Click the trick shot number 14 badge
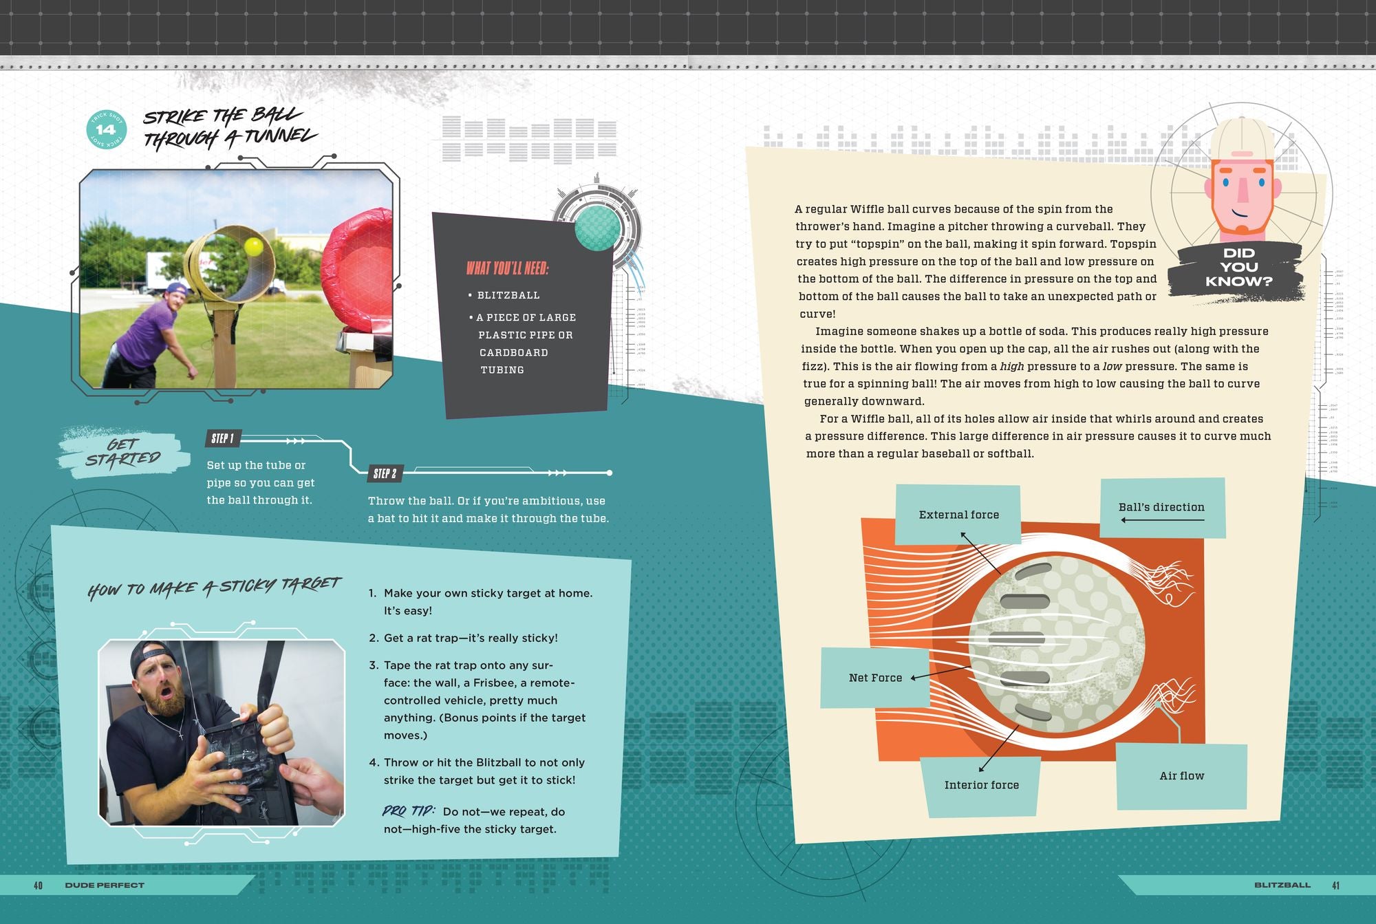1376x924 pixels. point(106,129)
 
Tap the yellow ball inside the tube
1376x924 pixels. point(253,246)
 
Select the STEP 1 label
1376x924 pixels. point(223,438)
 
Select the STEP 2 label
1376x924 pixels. point(385,473)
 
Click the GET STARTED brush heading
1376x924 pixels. point(124,452)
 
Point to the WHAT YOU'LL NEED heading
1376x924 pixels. point(508,268)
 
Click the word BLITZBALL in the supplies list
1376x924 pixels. point(508,295)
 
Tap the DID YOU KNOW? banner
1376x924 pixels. point(1239,268)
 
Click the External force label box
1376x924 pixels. point(958,515)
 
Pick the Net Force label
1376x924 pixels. point(875,678)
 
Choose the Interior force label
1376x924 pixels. point(981,785)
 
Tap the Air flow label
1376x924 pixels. point(1182,776)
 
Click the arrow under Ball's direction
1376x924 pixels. point(1163,520)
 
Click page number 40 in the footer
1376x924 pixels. point(38,885)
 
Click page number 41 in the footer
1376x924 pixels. point(1335,885)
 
